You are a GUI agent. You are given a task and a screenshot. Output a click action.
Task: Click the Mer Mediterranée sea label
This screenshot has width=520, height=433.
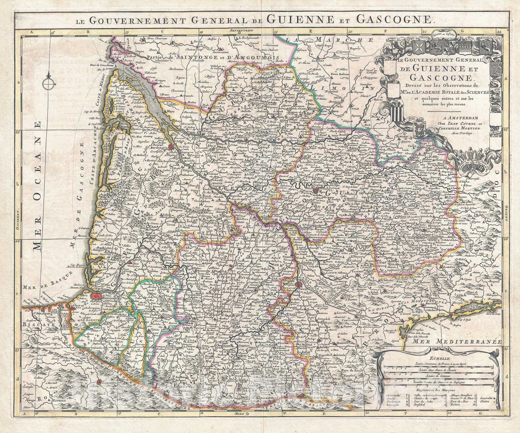456,342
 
